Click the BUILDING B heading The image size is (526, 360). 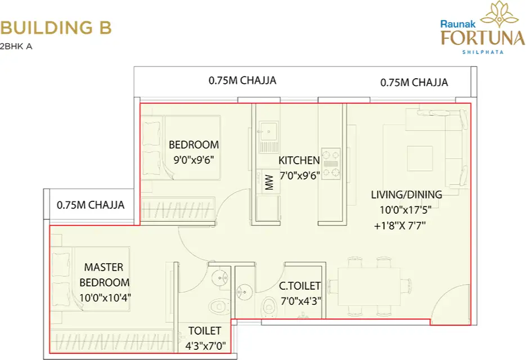(x=56, y=27)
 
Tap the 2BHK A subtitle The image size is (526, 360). (x=16, y=47)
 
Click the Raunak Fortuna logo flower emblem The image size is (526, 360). (x=499, y=14)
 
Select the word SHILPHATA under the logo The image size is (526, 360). (x=482, y=52)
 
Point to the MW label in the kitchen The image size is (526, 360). (x=269, y=183)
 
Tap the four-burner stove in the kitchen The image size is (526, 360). (x=331, y=163)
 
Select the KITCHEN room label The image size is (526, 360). (x=299, y=160)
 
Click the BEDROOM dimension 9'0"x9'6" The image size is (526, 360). (x=194, y=159)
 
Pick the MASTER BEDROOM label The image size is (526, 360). (x=104, y=274)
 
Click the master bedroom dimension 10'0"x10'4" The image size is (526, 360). (x=106, y=297)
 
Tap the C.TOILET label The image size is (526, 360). (x=300, y=286)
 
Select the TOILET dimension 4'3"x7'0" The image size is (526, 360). (x=205, y=346)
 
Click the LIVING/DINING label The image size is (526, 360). (x=406, y=195)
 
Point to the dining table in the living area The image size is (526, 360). (x=368, y=286)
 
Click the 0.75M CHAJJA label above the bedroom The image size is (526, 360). (x=242, y=80)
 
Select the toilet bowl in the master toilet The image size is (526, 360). (x=217, y=307)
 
